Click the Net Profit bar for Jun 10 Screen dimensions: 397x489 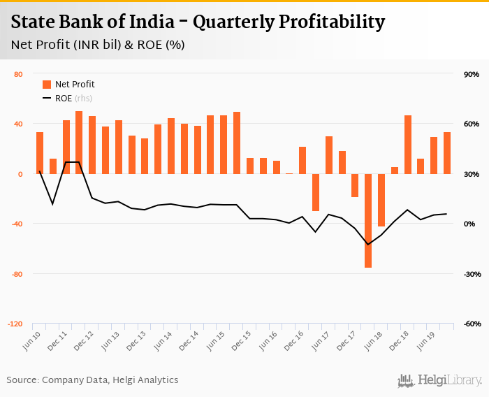pyautogui.click(x=40, y=152)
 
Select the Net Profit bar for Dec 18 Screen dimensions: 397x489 pyautogui.click(x=408, y=144)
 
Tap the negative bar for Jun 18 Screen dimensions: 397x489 pyautogui.click(x=381, y=200)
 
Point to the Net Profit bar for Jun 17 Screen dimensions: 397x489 pyautogui.click(x=329, y=154)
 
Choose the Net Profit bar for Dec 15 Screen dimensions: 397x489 pyautogui.click(x=250, y=166)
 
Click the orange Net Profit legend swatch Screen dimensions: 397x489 pyautogui.click(x=47, y=85)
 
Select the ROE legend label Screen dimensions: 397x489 pyautogui.click(x=64, y=99)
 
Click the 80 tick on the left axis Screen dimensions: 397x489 pyautogui.click(x=18, y=74)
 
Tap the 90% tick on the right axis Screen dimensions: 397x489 pyautogui.click(x=470, y=74)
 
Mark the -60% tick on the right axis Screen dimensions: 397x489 pyautogui.click(x=469, y=324)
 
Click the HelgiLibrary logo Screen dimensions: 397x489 pyautogui.click(x=439, y=380)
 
